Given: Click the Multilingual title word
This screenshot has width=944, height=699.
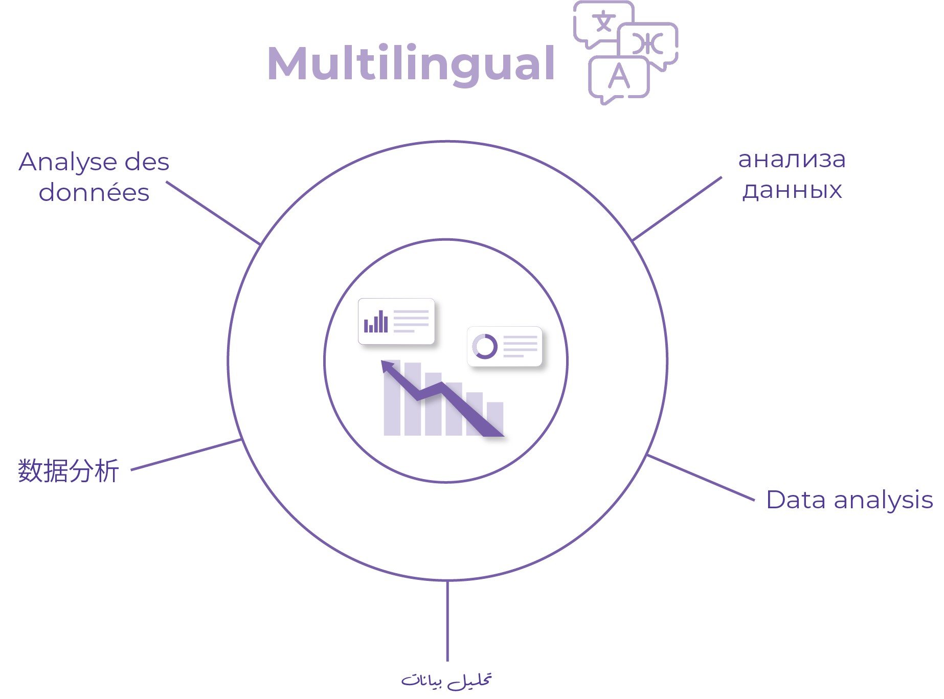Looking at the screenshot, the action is (x=411, y=64).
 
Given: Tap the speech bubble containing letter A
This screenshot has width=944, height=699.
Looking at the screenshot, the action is (x=619, y=79).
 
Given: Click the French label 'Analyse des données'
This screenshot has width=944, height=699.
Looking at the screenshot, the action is (x=94, y=177).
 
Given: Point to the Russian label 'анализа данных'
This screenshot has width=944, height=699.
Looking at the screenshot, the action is (x=792, y=175).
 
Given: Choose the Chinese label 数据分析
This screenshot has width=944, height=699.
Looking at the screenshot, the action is (x=69, y=470).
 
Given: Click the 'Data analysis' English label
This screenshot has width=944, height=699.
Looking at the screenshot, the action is (x=849, y=500).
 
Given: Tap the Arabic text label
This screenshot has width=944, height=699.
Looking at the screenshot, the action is (x=446, y=681).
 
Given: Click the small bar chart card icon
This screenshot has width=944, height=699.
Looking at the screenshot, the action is (x=396, y=321).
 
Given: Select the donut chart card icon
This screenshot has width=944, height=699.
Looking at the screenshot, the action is (x=505, y=346).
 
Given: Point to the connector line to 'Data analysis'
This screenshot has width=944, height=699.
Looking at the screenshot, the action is (x=701, y=477).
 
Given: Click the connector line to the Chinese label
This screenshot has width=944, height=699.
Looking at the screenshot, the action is (x=186, y=454).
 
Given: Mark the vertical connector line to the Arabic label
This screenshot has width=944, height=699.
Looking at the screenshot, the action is (x=447, y=621).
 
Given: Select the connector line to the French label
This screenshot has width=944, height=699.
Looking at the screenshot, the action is (x=213, y=213).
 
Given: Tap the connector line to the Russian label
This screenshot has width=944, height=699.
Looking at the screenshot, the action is (x=677, y=209).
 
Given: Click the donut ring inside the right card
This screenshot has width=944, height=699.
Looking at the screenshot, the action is (x=485, y=346).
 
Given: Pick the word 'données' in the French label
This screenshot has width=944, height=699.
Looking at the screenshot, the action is (x=94, y=193).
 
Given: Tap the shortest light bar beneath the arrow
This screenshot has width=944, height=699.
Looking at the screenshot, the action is (x=495, y=419).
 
